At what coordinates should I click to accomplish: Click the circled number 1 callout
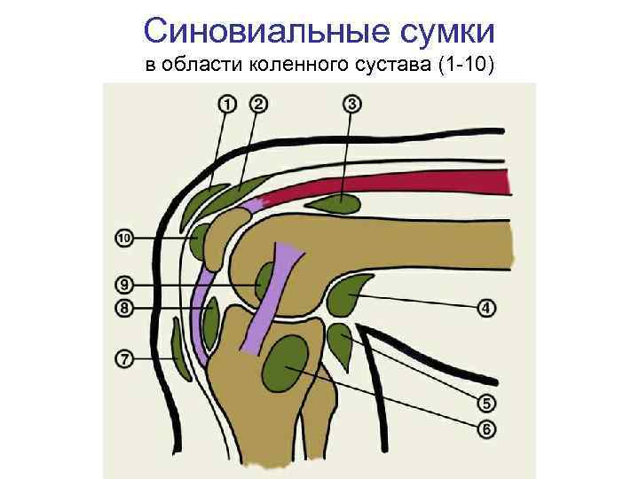(x=228, y=105)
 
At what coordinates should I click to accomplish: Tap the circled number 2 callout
(x=258, y=105)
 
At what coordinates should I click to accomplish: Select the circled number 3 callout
(x=352, y=105)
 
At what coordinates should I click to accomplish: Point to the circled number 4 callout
(x=487, y=309)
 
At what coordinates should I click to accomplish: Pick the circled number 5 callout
(x=486, y=404)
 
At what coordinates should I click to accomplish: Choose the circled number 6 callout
(x=486, y=429)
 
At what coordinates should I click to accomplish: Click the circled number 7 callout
(x=124, y=359)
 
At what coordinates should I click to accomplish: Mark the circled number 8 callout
(x=124, y=309)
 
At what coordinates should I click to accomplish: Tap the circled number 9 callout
(x=124, y=285)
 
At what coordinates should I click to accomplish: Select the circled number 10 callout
(x=124, y=239)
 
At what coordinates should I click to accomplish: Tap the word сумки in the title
(x=450, y=32)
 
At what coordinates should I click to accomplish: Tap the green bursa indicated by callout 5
(x=341, y=344)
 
